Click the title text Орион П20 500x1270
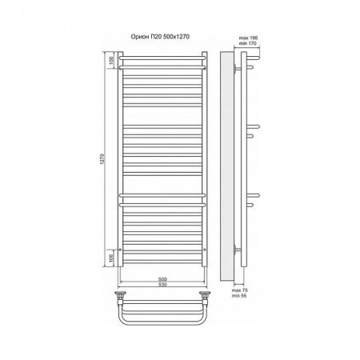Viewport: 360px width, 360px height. point(160,37)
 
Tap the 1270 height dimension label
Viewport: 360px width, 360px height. point(103,159)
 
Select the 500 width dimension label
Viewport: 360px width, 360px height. point(162,279)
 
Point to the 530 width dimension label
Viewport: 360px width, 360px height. point(162,285)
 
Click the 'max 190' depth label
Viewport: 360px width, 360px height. point(248,38)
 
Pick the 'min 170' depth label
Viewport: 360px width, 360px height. point(248,43)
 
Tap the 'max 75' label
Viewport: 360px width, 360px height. point(239,290)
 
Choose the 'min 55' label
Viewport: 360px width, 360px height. point(239,295)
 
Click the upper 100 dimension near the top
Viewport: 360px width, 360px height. point(112,60)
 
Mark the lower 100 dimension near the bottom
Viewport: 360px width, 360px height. point(112,258)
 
